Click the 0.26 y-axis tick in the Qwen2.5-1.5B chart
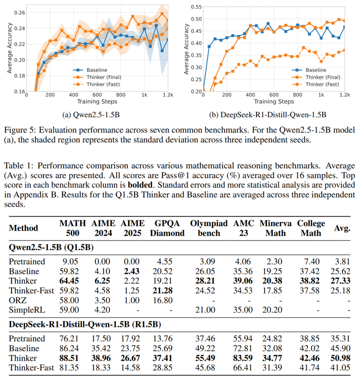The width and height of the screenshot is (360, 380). pos(20,13)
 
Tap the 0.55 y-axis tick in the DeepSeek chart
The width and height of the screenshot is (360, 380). pos(196,7)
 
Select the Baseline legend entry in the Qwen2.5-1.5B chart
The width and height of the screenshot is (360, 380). pos(97,70)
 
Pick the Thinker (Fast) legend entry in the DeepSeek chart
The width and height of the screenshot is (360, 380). pos(322,84)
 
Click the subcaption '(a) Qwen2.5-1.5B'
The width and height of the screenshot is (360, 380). pos(91,115)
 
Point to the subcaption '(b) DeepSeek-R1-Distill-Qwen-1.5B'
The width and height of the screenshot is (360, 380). pos(268,115)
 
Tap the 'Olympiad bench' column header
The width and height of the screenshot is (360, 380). pos(209,228)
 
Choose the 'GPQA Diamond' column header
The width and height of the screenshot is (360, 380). pos(167,228)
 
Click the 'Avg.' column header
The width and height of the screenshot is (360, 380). pos(342,228)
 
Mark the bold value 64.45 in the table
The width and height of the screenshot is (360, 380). pos(69,281)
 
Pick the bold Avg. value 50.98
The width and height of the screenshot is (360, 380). pos(340,358)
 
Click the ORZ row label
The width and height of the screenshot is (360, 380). pos(18,300)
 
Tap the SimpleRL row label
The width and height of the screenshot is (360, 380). pos(27,310)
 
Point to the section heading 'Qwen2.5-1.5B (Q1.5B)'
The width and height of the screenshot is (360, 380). pos(51,247)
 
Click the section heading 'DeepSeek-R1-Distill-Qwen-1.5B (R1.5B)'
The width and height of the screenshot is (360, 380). pos(85,324)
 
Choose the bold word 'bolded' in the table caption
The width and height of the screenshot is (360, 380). pos(140,185)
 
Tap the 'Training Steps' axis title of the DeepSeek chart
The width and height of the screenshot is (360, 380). pos(274,101)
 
